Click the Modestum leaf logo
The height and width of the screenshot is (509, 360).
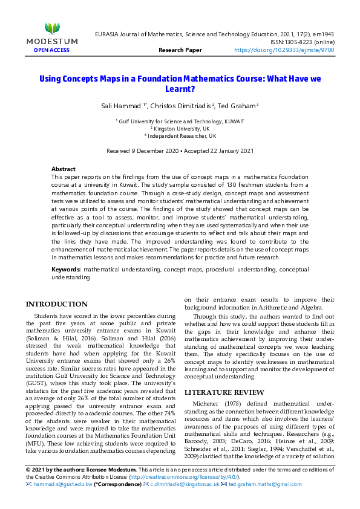(x=53, y=28)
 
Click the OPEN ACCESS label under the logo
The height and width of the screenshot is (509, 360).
(x=52, y=50)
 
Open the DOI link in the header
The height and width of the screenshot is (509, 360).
(x=284, y=50)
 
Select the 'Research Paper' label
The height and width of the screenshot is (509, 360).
(x=180, y=50)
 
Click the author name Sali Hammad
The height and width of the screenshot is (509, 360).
(x=120, y=106)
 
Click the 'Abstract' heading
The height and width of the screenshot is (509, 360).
(x=64, y=169)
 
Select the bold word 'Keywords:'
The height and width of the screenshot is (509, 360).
(x=66, y=268)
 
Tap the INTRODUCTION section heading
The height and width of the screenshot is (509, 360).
(x=57, y=304)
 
